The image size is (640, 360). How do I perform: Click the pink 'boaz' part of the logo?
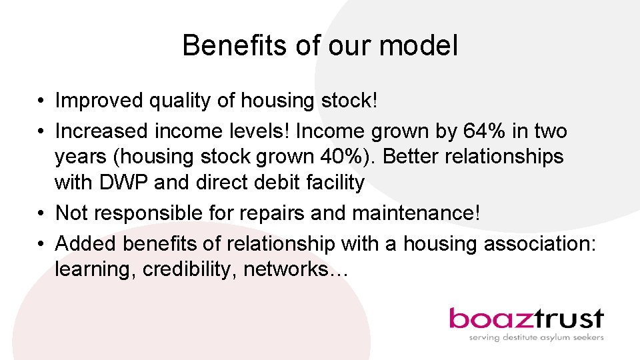488,319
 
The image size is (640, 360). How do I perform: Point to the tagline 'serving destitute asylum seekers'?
536,337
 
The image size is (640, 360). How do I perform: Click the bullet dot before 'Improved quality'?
41,102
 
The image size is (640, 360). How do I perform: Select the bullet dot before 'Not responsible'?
41,213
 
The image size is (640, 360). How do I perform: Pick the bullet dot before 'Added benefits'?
41,244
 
